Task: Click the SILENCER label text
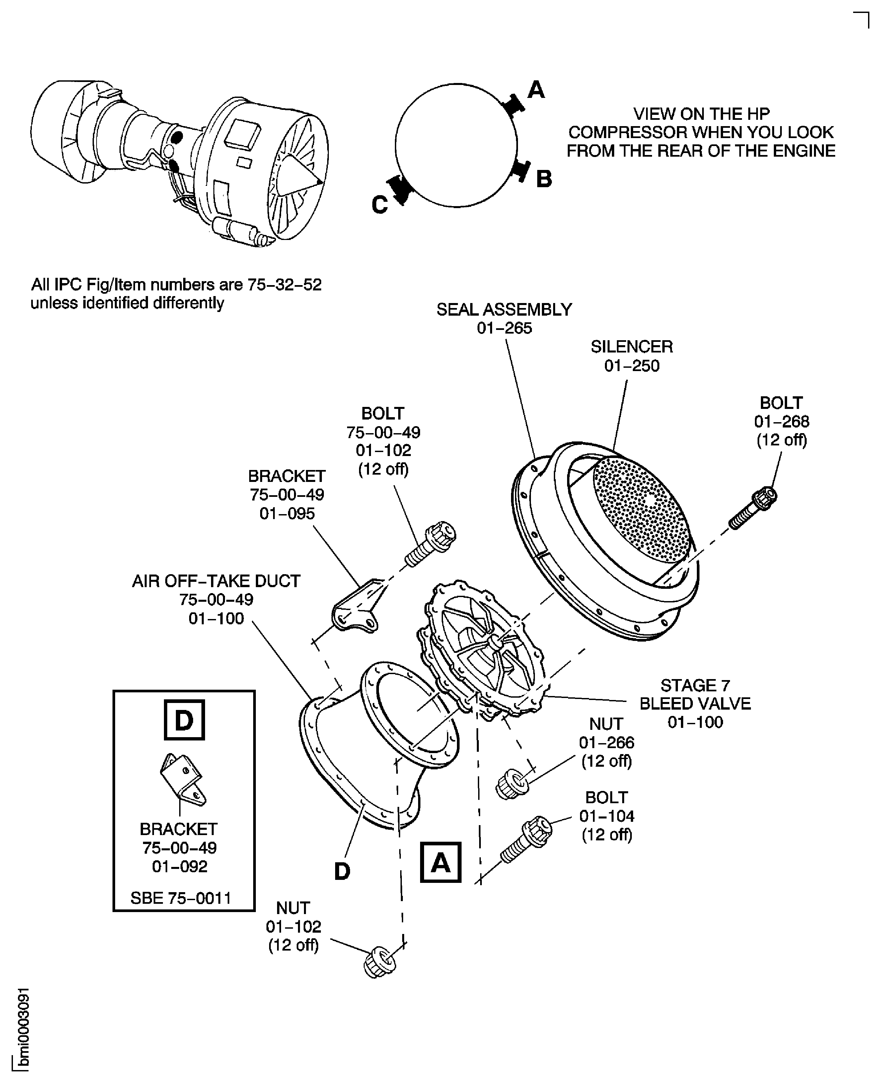coord(631,347)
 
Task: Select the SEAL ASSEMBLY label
coord(504,310)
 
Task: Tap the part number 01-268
coord(781,422)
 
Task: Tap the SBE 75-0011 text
coord(181,898)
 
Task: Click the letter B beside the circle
coord(544,179)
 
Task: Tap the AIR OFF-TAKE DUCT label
coord(216,581)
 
